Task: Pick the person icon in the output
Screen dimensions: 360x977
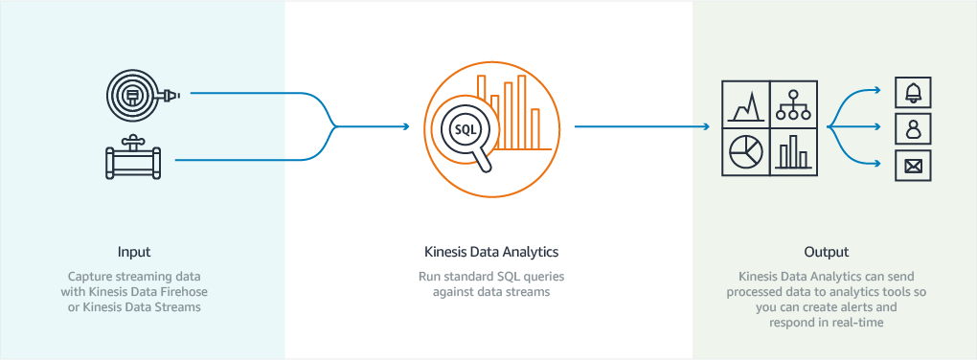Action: (913, 128)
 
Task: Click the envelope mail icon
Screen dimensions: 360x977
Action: (913, 165)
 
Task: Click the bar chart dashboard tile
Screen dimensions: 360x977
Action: (793, 151)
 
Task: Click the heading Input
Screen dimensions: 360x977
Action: (134, 253)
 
